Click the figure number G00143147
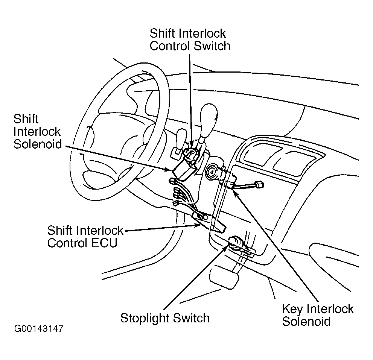click(x=39, y=329)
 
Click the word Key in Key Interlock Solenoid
click(x=293, y=309)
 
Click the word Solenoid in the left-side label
click(x=37, y=144)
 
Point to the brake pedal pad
click(x=225, y=280)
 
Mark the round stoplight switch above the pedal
click(x=237, y=243)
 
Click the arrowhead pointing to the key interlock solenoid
click(x=234, y=192)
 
